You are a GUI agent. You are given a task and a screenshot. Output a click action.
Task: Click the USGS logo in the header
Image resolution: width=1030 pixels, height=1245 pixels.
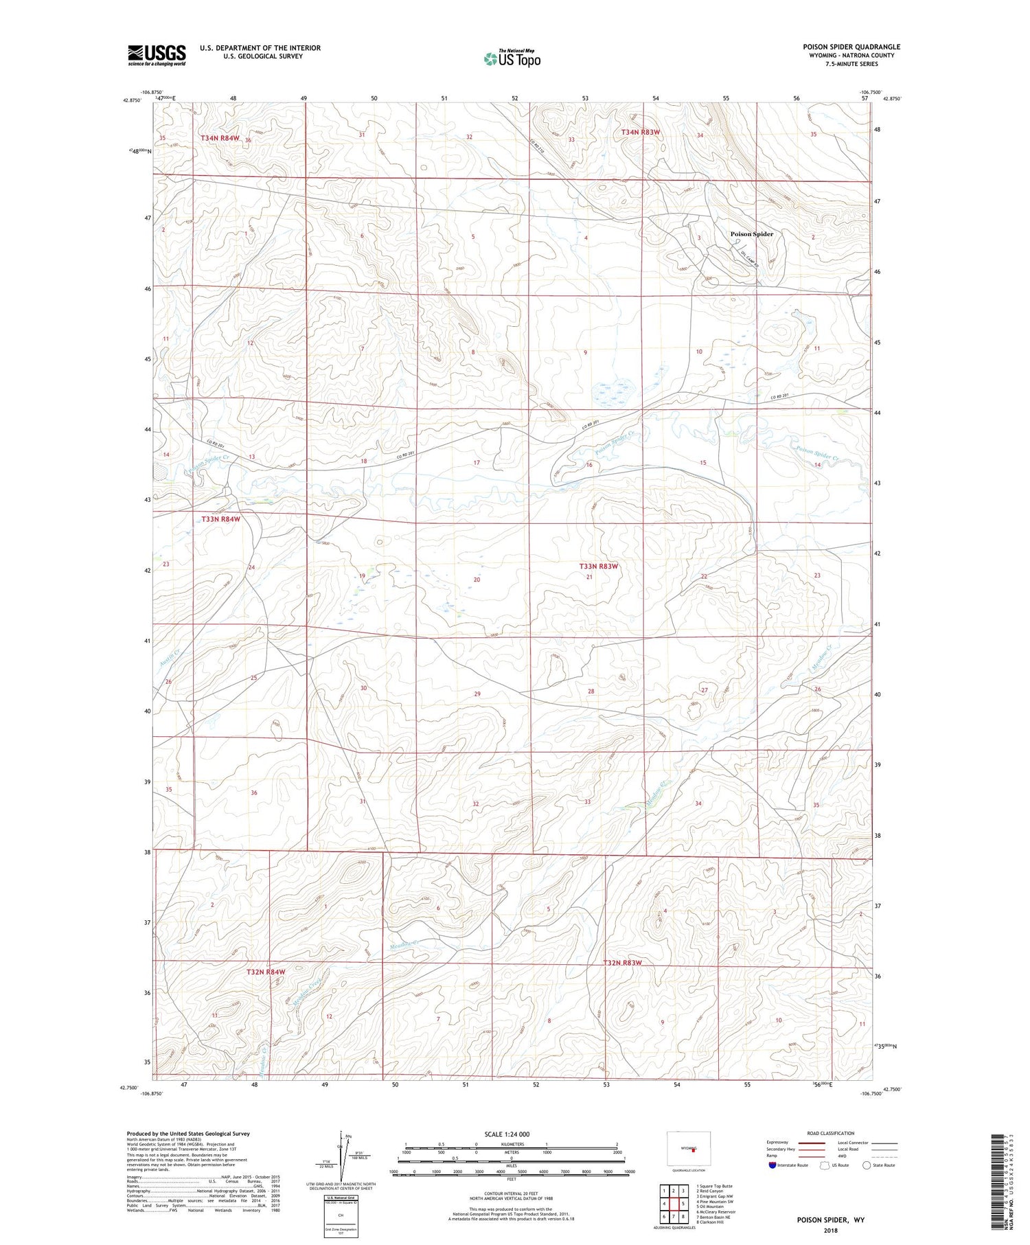[x=157, y=55]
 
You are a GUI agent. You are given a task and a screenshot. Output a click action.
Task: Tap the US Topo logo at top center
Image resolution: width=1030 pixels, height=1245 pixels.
[x=512, y=58]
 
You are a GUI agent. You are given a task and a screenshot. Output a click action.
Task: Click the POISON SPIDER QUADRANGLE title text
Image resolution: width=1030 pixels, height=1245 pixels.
[x=851, y=47]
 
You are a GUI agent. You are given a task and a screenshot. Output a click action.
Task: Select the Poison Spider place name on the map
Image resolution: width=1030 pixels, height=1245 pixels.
[x=751, y=234]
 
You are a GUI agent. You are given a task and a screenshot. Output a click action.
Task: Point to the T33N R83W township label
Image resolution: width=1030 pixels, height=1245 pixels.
[x=599, y=567]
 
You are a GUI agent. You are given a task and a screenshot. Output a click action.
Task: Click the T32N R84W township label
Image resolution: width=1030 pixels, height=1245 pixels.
[x=266, y=972]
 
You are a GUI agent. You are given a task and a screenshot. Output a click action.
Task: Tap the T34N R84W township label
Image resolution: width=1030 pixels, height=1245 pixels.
[x=220, y=139]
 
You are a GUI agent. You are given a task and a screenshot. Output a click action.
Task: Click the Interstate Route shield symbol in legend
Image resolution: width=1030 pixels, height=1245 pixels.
[x=772, y=1165]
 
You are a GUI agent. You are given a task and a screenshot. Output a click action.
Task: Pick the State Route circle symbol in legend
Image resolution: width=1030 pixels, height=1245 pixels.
[x=867, y=1165]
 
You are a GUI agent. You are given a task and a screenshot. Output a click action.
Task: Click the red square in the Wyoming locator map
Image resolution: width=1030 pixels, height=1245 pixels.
[x=694, y=1152]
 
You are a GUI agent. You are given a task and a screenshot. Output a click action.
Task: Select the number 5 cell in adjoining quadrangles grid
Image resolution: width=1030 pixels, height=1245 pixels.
[x=684, y=1204]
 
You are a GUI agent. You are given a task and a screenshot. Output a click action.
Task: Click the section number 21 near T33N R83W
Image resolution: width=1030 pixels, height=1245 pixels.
[x=589, y=578]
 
